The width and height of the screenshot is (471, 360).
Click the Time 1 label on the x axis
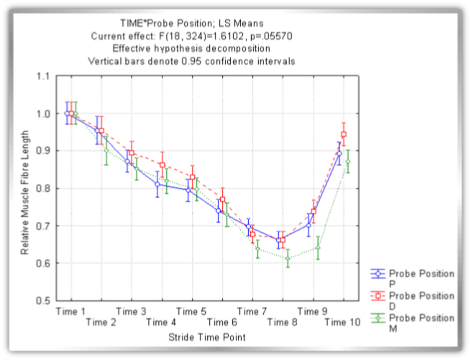tap(71, 311)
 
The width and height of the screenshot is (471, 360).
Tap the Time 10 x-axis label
tap(342, 323)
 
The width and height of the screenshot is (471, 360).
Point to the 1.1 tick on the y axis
tap(42, 76)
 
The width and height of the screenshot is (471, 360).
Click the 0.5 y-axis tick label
tap(42, 300)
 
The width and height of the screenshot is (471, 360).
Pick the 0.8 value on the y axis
tap(42, 188)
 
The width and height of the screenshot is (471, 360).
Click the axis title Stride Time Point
tap(207, 336)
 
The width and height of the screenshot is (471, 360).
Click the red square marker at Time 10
tap(344, 134)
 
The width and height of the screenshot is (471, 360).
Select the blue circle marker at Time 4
tap(158, 184)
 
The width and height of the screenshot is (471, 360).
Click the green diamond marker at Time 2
tap(106, 150)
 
